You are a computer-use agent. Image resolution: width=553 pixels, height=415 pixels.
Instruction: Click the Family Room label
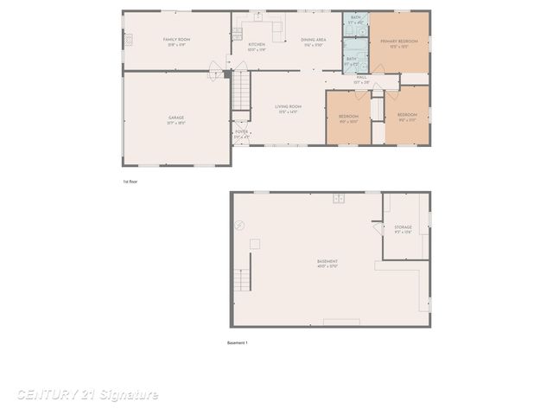pos(176,41)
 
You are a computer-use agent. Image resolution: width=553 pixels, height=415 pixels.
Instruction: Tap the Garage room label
pos(176,118)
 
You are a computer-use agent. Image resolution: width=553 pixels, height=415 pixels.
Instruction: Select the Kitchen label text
pos(257,45)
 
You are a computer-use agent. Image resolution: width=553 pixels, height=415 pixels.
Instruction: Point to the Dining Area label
pos(313,41)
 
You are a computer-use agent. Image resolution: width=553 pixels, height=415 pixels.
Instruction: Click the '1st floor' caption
pos(130,182)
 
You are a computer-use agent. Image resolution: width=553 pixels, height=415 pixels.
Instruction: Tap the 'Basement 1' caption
pos(238,343)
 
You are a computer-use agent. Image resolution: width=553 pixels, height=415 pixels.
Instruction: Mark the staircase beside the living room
pos(241,92)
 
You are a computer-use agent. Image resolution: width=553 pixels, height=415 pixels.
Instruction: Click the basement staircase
pos(244,280)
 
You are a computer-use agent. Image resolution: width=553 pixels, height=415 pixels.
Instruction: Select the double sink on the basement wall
pos(340,199)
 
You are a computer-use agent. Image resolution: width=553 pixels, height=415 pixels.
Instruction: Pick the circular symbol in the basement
pos(240,225)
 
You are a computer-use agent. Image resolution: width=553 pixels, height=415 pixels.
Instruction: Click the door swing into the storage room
pos(378,227)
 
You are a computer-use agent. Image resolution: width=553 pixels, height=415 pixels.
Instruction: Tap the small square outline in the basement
pos(255,244)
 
